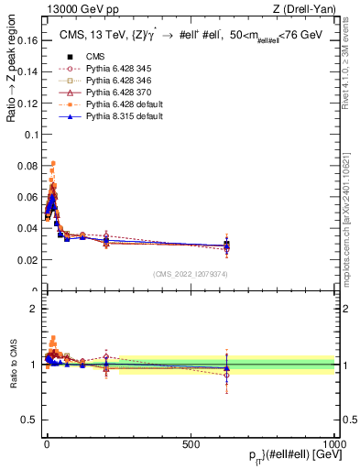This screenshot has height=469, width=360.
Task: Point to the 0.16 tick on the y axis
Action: pos(27,41)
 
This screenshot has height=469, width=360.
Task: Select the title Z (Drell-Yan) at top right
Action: pos(311,9)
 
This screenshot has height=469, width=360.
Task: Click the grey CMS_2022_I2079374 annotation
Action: pos(191,274)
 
